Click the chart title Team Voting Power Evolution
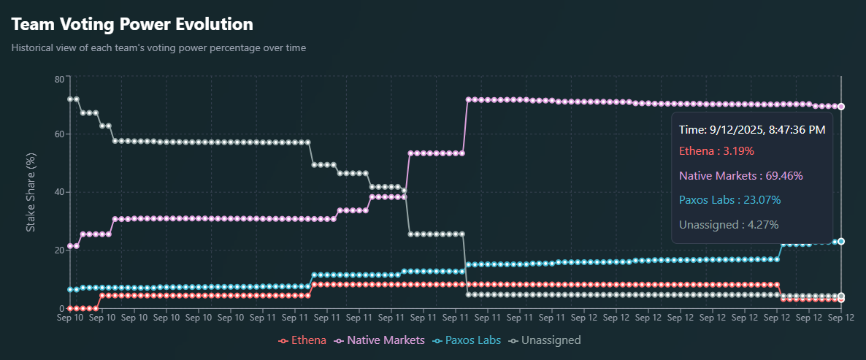click(132, 24)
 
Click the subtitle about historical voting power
click(158, 48)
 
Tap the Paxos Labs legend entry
click(465, 340)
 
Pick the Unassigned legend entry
click(545, 340)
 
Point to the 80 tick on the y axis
click(59, 78)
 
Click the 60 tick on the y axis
click(59, 134)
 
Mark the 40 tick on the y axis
click(59, 192)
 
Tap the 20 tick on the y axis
click(59, 250)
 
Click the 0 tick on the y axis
click(61, 309)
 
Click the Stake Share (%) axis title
click(31, 193)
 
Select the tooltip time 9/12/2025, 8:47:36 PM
click(752, 130)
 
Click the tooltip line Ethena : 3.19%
click(716, 151)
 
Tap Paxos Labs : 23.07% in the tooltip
click(729, 200)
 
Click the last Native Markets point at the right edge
click(841, 107)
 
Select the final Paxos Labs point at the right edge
click(841, 241)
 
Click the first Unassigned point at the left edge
click(70, 99)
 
